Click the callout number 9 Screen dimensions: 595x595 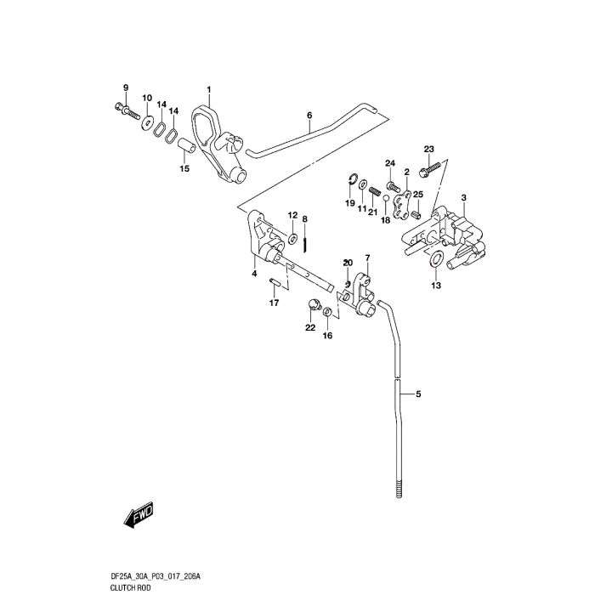(x=126, y=88)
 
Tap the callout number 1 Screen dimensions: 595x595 (x=208, y=89)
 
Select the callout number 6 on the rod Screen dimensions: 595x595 (x=309, y=115)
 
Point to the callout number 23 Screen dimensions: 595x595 (x=428, y=149)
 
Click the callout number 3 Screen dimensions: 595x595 (x=464, y=198)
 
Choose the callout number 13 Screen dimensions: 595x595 (x=435, y=286)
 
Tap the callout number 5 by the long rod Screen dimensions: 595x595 (x=419, y=394)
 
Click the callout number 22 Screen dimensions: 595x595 (x=310, y=327)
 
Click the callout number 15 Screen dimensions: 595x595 (x=184, y=168)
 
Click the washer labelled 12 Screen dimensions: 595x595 (x=292, y=237)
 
